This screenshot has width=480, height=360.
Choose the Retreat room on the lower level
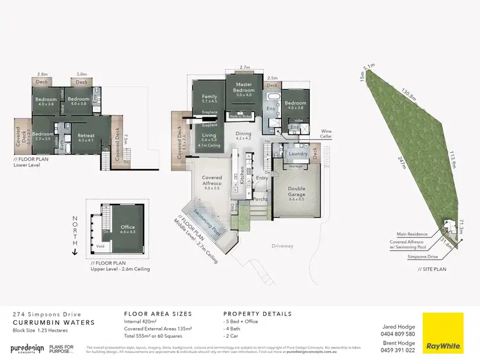click(86, 136)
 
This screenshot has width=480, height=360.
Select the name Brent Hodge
click(400, 343)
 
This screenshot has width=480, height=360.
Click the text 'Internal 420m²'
click(140, 323)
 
